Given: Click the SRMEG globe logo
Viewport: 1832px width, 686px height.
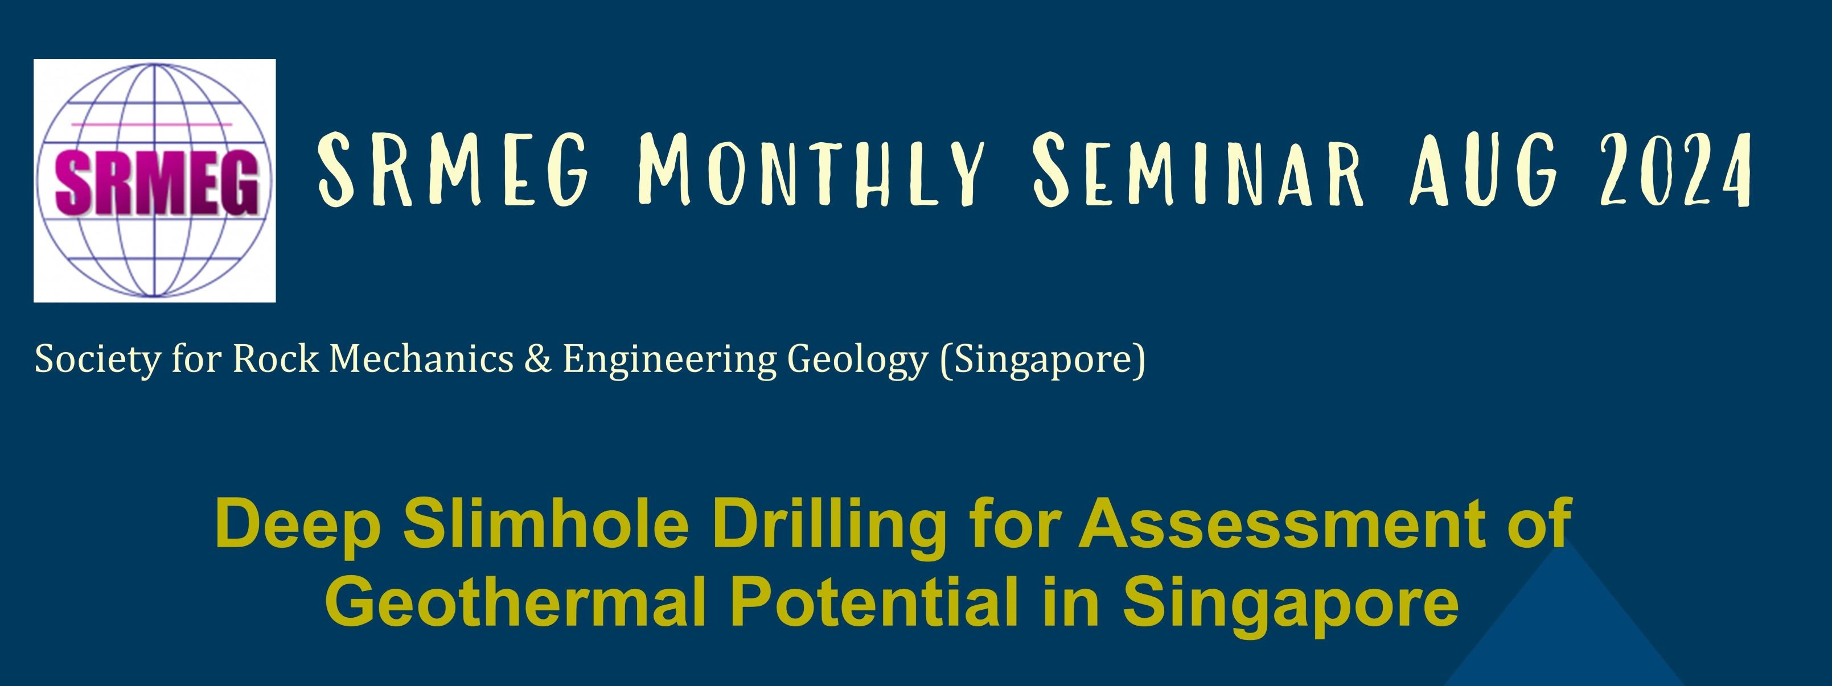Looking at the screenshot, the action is pos(154,180).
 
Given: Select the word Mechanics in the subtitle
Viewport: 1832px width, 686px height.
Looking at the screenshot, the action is pos(422,359).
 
